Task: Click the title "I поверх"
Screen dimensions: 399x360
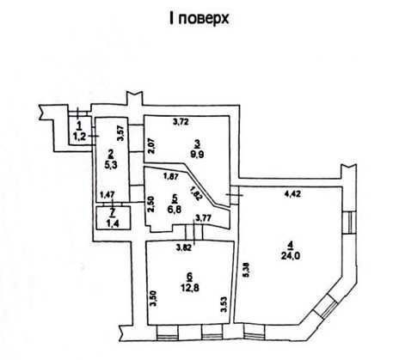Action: pos(199,20)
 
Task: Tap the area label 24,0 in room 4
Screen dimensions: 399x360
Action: pos(291,256)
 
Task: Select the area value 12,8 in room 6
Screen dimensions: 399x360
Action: pos(190,288)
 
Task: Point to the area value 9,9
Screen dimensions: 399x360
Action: pos(197,155)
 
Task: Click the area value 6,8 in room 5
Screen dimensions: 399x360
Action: pos(175,210)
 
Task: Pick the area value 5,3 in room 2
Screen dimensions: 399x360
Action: pos(111,166)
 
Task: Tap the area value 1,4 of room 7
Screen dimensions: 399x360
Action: pos(113,223)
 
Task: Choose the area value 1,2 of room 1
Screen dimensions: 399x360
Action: pos(79,137)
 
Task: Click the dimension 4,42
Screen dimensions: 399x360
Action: pos(292,194)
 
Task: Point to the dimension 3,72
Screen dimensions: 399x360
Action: pos(181,122)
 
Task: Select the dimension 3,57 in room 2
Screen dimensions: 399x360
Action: pos(120,132)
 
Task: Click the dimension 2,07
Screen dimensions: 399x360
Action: pos(151,146)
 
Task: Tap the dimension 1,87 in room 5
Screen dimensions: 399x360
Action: pos(171,177)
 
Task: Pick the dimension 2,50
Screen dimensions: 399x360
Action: pos(151,204)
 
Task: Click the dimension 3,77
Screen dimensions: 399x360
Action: pos(203,218)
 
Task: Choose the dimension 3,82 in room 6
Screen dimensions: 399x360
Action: pos(183,248)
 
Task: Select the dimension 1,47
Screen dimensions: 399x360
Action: pos(107,195)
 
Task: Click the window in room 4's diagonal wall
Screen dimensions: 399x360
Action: pos(325,307)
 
